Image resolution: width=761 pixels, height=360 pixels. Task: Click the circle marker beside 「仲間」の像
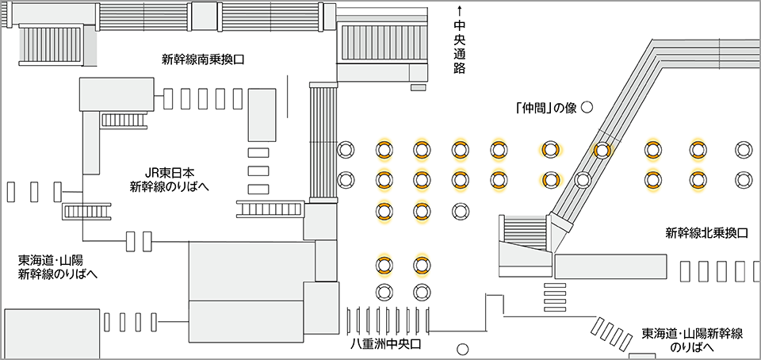[587, 108]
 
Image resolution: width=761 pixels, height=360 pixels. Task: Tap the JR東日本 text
[168, 173]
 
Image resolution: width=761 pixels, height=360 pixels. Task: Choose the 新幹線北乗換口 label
[706, 233]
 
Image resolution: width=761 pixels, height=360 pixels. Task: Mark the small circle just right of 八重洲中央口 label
[463, 348]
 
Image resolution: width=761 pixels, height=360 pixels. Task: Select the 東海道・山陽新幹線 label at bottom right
[692, 333]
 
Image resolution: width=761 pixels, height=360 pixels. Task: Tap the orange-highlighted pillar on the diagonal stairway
[602, 148]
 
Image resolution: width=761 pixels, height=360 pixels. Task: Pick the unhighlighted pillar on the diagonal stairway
[583, 179]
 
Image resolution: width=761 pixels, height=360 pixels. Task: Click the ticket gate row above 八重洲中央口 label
[388, 319]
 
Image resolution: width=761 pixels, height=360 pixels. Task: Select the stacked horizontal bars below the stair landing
[555, 291]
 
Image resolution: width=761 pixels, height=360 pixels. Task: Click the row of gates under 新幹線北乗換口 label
[718, 271]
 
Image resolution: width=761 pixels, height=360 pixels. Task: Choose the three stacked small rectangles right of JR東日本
[258, 170]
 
